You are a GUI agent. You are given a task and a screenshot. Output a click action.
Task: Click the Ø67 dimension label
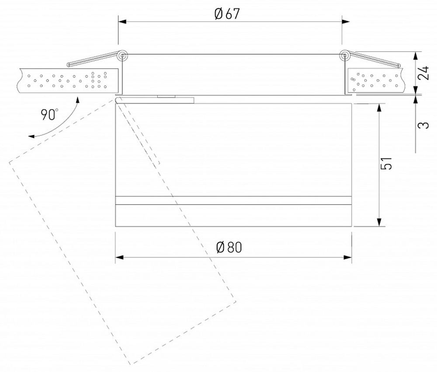(227, 14)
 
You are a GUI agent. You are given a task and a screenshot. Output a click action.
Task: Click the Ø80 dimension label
(229, 248)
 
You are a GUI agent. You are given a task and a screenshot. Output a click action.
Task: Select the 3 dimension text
(423, 125)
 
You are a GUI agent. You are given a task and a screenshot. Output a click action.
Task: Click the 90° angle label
(49, 115)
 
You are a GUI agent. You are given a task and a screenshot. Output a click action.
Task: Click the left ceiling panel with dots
(66, 81)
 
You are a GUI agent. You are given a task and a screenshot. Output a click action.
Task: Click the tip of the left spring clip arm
(69, 65)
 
